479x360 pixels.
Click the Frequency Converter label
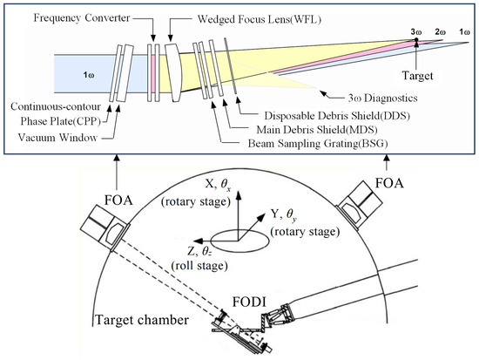click(82, 18)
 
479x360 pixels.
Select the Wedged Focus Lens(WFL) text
click(260, 19)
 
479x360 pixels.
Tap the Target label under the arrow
click(417, 76)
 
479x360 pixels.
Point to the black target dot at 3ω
click(415, 40)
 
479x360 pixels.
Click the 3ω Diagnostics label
click(383, 98)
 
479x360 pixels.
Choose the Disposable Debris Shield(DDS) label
click(337, 116)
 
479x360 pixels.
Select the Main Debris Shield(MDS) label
click(317, 130)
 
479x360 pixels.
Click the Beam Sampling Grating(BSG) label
click(318, 144)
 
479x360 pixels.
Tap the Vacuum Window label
click(57, 138)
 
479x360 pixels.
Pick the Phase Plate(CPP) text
click(60, 122)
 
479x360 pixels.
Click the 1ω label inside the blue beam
click(89, 75)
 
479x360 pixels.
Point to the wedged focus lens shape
click(174, 72)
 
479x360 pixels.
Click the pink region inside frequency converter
click(153, 73)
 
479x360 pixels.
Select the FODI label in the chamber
click(249, 302)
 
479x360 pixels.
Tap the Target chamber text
click(142, 320)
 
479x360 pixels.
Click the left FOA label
click(118, 200)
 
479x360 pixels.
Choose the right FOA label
click(389, 183)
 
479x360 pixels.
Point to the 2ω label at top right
click(440, 32)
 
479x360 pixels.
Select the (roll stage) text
click(199, 266)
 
